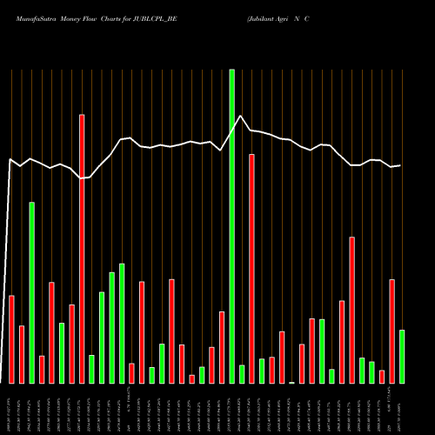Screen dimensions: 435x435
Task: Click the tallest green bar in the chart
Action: (231, 226)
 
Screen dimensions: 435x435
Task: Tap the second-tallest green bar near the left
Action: (32, 292)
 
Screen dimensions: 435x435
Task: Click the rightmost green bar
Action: (402, 356)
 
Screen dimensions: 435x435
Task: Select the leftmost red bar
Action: (12, 339)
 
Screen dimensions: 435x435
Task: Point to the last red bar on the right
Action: (391, 331)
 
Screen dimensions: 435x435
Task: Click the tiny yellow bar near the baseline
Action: (292, 382)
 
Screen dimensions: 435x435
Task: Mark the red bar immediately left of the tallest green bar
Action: (222, 347)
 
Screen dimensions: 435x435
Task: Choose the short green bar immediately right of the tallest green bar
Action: (242, 374)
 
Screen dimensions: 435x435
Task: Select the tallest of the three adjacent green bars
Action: (122, 323)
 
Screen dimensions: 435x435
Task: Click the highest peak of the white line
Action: (242, 116)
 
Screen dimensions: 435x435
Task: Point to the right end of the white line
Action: (400, 165)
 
